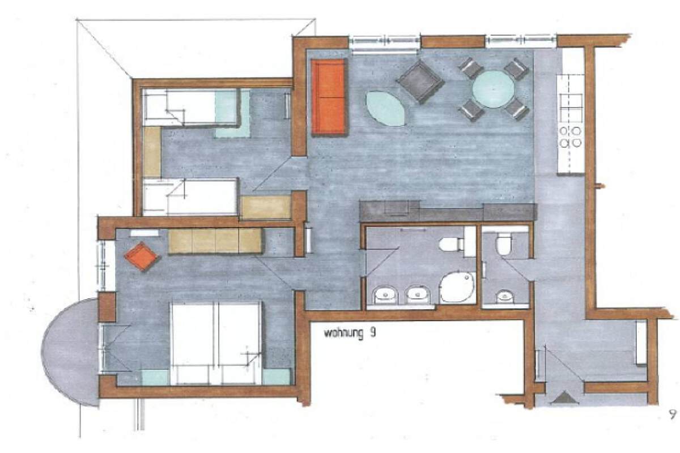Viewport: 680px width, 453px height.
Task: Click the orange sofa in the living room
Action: (x=329, y=96)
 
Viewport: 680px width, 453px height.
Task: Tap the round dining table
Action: (x=494, y=89)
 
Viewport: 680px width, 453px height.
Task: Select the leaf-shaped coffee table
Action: (x=386, y=109)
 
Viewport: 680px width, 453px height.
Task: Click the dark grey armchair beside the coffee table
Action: (x=420, y=81)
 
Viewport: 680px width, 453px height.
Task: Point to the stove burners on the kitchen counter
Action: (x=571, y=137)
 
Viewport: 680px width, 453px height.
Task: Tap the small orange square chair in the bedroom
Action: (x=141, y=256)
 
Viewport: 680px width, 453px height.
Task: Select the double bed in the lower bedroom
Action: (x=216, y=343)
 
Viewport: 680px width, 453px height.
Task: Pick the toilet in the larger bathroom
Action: (x=452, y=244)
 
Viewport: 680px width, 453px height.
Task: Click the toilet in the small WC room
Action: (x=504, y=245)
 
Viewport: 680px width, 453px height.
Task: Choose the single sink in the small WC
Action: (x=504, y=297)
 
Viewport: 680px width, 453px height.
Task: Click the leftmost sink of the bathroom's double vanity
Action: (x=386, y=295)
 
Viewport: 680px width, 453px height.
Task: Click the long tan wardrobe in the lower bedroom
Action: (x=215, y=241)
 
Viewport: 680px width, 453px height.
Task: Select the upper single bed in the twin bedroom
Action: (x=191, y=107)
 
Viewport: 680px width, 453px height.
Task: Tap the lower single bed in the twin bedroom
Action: (x=190, y=196)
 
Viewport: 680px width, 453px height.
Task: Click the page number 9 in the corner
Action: (x=673, y=414)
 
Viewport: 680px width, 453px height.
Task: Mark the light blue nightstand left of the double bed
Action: (x=155, y=377)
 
